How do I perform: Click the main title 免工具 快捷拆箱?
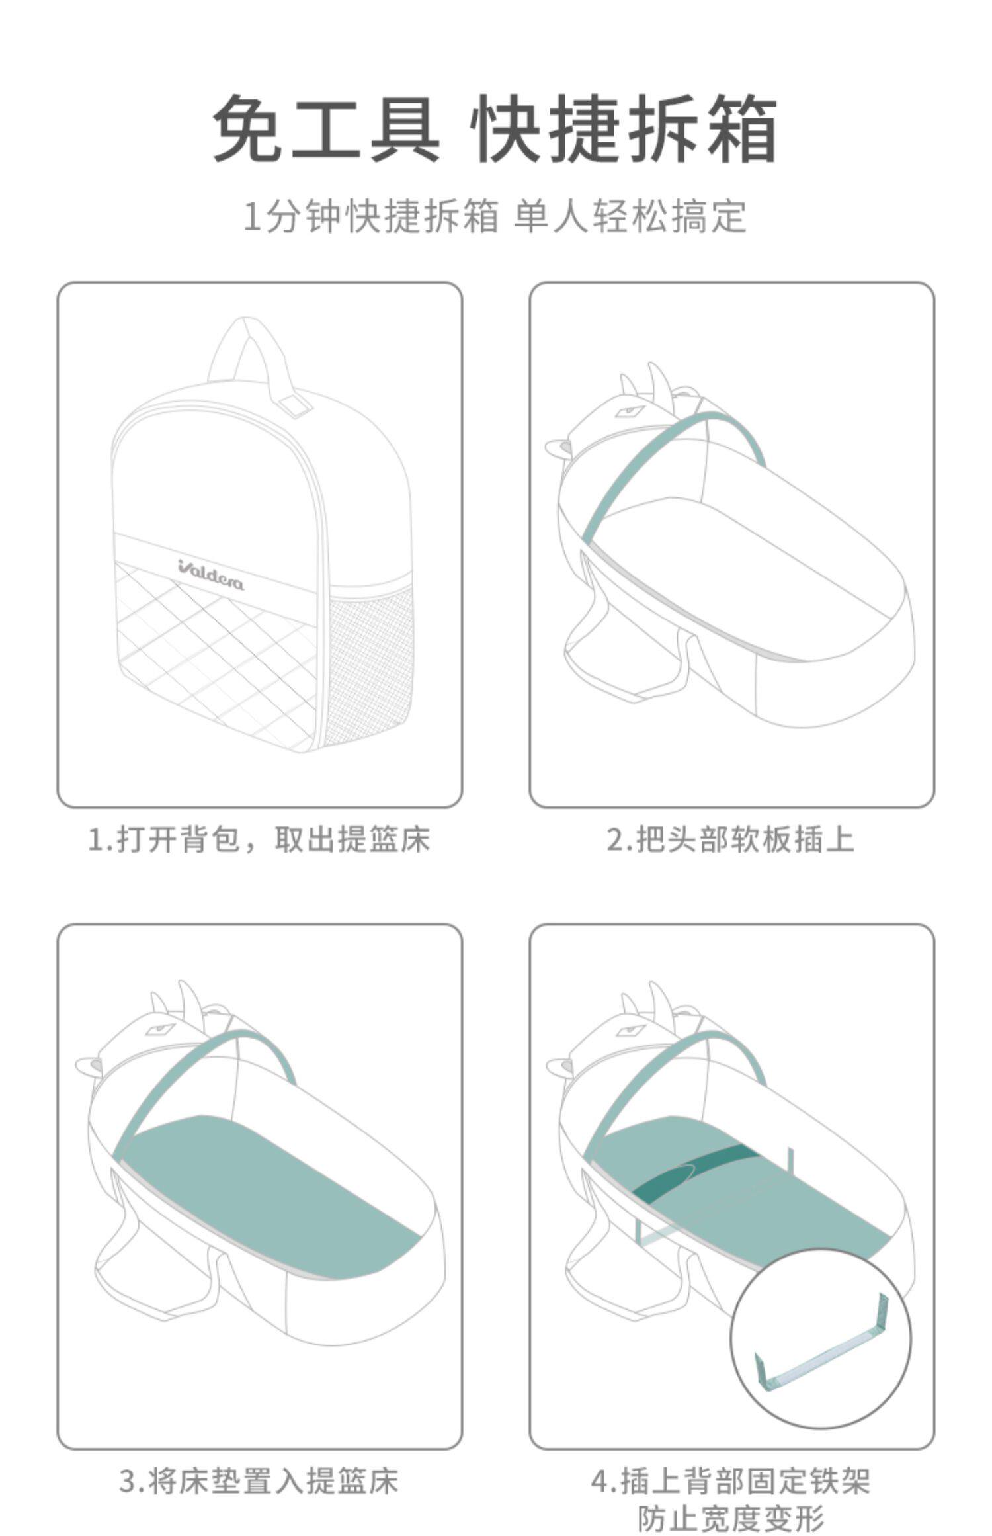pos(495,128)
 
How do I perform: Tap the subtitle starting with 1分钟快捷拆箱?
pos(495,216)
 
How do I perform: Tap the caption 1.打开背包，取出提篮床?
pos(259,840)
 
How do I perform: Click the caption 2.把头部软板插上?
pos(731,840)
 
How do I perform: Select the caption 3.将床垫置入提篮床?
pos(259,1482)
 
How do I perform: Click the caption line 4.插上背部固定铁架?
pos(731,1482)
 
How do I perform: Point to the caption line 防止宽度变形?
pos(731,1519)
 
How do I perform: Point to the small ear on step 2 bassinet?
pos(558,448)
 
